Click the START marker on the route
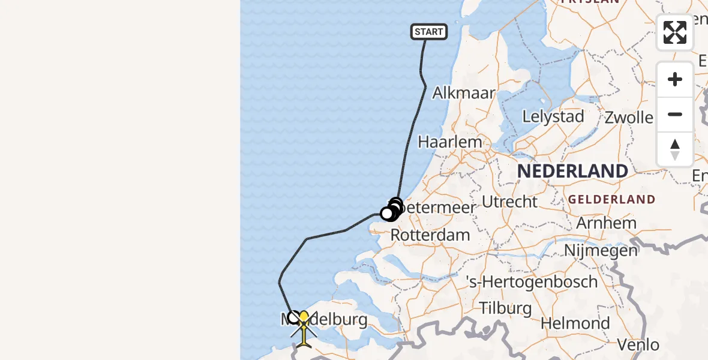click(x=428, y=32)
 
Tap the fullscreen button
click(x=675, y=32)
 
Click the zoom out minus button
click(x=675, y=115)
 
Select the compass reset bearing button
click(x=675, y=149)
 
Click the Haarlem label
click(x=450, y=142)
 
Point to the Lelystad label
click(x=553, y=116)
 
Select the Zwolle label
click(x=629, y=117)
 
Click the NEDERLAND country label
click(x=572, y=171)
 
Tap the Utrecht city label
click(x=510, y=202)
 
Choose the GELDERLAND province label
click(x=611, y=199)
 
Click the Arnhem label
click(x=606, y=223)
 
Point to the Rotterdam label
click(x=430, y=235)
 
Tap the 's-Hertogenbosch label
click(x=532, y=281)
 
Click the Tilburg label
click(x=505, y=308)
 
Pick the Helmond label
click(x=575, y=323)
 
